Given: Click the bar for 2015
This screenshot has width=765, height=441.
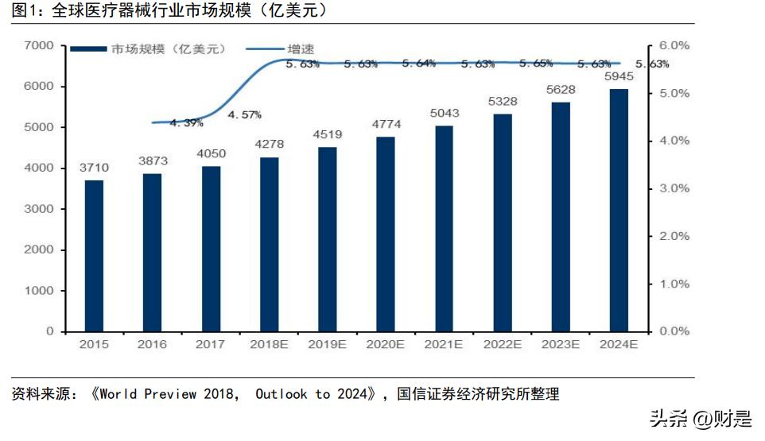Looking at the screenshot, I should [94, 255].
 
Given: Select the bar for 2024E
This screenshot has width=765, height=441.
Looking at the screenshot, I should [618, 210].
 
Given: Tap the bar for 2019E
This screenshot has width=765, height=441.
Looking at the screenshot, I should [327, 239].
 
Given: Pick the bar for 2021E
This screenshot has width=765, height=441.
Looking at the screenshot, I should [444, 228].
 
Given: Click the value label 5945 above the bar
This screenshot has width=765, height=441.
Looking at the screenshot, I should [619, 77].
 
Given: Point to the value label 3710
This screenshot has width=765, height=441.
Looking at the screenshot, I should [94, 168].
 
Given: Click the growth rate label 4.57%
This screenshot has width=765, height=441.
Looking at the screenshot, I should [244, 114].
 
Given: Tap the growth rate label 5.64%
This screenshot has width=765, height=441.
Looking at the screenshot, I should [418, 64].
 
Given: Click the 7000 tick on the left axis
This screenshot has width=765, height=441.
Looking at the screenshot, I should [38, 46].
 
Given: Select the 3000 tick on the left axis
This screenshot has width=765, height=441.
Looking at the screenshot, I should [38, 209].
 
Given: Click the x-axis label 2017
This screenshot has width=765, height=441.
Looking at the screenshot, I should [210, 344].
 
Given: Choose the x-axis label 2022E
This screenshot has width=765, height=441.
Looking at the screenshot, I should [502, 344].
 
